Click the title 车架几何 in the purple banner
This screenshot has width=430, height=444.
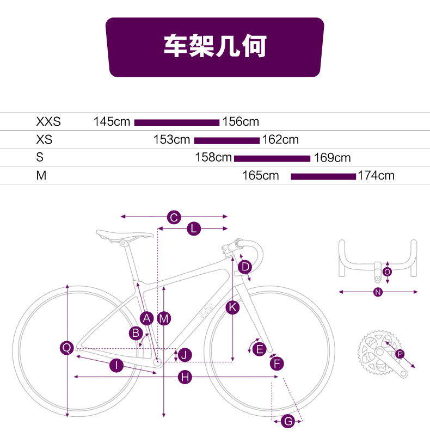(215, 46)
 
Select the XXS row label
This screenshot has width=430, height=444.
(48, 121)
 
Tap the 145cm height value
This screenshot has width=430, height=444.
(112, 121)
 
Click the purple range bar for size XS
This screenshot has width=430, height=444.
(227, 140)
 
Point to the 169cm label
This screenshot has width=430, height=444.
(332, 158)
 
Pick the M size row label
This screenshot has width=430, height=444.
(41, 176)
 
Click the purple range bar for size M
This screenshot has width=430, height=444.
(323, 176)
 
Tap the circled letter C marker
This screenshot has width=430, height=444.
(174, 217)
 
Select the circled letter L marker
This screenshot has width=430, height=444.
(194, 229)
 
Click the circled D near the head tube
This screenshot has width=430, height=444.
(245, 267)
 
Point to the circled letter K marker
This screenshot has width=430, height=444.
(232, 307)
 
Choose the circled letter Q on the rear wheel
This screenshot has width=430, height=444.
(67, 348)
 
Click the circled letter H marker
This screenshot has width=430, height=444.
(185, 377)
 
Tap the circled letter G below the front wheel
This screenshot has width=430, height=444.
(288, 421)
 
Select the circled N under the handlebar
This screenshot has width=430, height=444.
(378, 292)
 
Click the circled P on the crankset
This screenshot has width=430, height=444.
(400, 354)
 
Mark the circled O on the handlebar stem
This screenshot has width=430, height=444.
(387, 272)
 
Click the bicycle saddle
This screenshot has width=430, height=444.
(125, 235)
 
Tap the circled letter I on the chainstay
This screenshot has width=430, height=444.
(116, 365)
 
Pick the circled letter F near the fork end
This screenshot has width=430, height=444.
(277, 363)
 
